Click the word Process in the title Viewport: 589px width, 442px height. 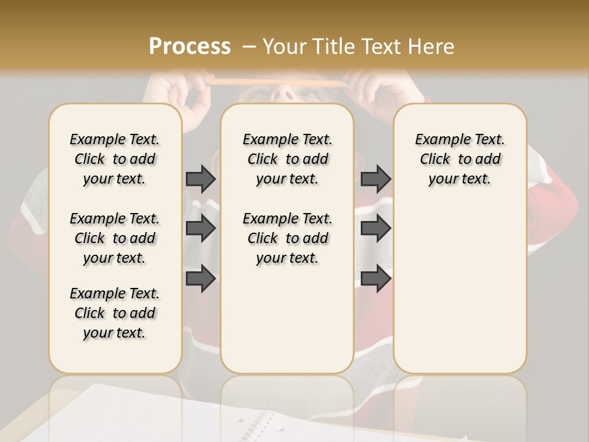point(190,46)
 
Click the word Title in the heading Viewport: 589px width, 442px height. point(335,46)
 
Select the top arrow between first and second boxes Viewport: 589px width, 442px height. point(201,179)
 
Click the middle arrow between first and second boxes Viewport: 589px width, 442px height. point(201,228)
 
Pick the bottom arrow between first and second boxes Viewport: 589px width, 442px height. point(201,278)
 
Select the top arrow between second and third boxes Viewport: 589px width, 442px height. point(375,179)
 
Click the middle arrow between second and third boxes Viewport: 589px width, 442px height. point(375,228)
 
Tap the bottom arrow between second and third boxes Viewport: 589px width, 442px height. point(375,278)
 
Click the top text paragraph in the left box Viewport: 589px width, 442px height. point(115,159)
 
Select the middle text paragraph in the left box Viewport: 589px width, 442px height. point(115,238)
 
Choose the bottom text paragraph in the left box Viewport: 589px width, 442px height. point(115,313)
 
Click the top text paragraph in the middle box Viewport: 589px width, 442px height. point(287,159)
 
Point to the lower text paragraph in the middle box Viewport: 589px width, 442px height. point(287,238)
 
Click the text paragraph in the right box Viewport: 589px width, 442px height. point(460,159)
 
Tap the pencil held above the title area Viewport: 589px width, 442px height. point(276,82)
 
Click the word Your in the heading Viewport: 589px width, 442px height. point(285,46)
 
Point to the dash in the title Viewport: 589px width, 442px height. point(249,46)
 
